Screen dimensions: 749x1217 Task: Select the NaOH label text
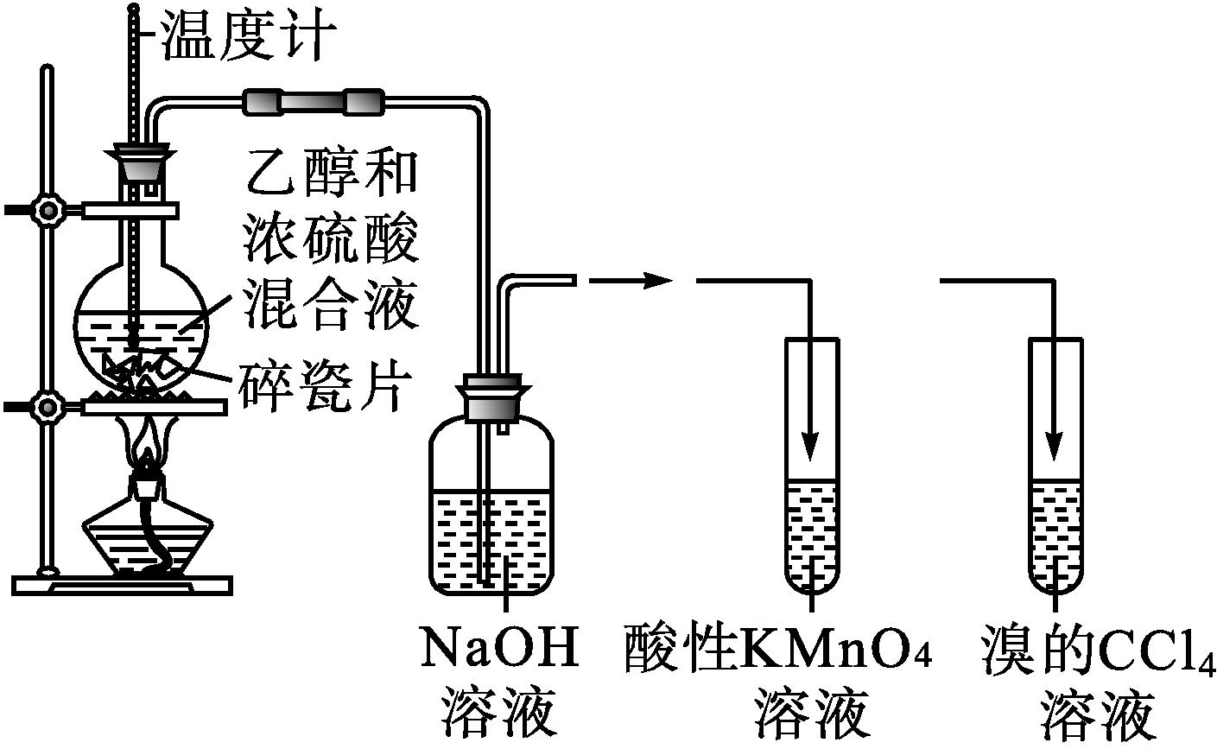point(499,650)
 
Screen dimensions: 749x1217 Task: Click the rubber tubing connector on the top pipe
point(312,102)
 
